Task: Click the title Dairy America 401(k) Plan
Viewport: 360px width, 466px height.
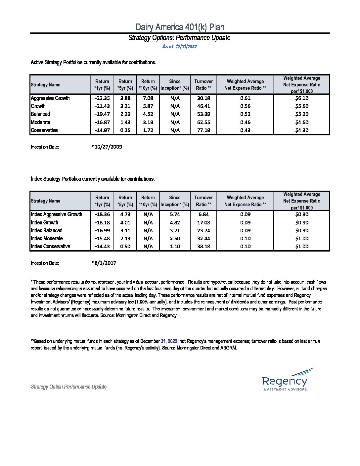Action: click(x=180, y=27)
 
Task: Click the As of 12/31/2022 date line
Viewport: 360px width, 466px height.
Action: click(x=180, y=47)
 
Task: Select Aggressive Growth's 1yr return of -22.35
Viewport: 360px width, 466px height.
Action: click(x=102, y=98)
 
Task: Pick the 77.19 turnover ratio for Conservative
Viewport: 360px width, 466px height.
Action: click(x=203, y=130)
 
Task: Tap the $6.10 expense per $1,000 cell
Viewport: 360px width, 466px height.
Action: click(x=302, y=98)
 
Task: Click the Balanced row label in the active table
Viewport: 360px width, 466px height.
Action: click(x=40, y=114)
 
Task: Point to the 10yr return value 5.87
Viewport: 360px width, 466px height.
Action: click(x=148, y=106)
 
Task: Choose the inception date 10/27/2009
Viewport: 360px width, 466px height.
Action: click(x=107, y=147)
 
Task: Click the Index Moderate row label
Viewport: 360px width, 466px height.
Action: click(x=47, y=238)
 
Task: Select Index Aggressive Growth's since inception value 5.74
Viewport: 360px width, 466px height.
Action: click(x=175, y=214)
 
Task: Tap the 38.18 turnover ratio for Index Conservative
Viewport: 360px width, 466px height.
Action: click(x=203, y=246)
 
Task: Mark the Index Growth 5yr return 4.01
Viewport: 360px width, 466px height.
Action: click(x=125, y=222)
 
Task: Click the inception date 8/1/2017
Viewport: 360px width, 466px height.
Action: click(x=104, y=263)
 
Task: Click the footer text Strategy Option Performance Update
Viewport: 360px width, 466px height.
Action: click(x=69, y=387)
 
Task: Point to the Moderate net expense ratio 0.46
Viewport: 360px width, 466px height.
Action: click(x=245, y=122)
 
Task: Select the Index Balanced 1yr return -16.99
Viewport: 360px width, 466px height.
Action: click(x=102, y=230)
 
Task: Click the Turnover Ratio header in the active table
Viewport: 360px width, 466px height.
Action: click(x=203, y=85)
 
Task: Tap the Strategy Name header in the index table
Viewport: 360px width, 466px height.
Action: click(x=46, y=201)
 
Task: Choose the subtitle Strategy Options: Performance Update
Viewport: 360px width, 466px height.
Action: click(x=179, y=38)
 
